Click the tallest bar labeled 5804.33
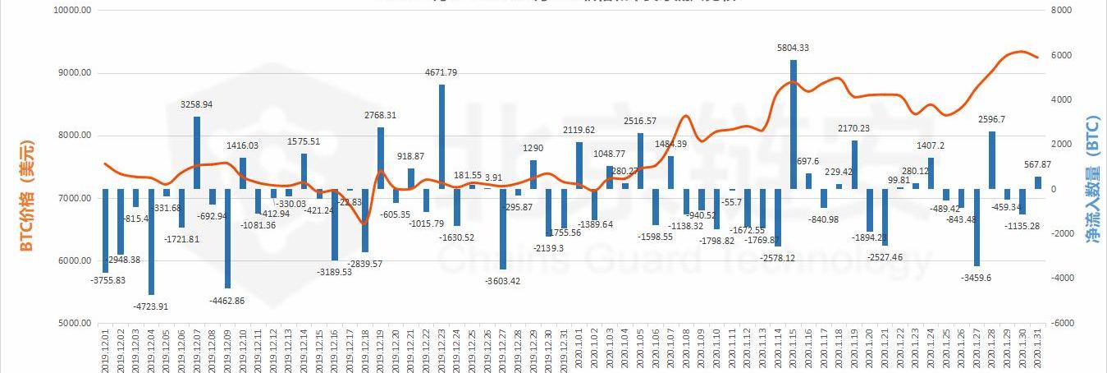click(x=794, y=124)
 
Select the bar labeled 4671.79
click(x=442, y=136)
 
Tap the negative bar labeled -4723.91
click(x=151, y=242)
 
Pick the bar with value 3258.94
click(x=197, y=153)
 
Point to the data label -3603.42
click(x=502, y=281)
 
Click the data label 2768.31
click(x=380, y=116)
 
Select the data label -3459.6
click(x=977, y=278)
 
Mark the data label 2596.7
click(x=991, y=119)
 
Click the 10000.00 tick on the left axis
click(x=71, y=11)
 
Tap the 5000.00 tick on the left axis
click(x=73, y=324)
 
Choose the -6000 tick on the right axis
click(x=1062, y=324)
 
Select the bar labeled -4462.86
click(x=228, y=238)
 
